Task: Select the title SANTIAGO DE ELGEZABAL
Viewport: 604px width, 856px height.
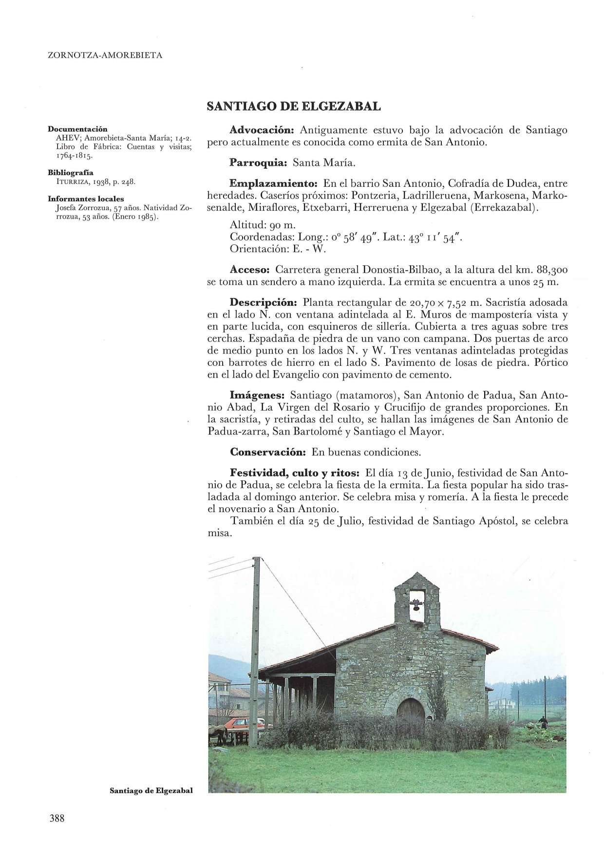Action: [294, 106]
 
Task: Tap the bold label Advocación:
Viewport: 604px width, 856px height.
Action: [262, 131]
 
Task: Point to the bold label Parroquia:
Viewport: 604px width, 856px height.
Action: [259, 162]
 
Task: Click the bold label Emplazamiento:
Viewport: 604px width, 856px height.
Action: [273, 184]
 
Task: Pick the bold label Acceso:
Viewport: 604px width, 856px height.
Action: [250, 270]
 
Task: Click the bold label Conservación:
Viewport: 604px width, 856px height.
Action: [267, 452]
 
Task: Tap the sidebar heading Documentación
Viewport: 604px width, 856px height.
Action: [77, 129]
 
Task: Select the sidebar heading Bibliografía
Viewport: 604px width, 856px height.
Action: [71, 173]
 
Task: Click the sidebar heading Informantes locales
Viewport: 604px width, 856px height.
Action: [86, 199]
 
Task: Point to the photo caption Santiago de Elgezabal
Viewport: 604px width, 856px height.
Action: [151, 791]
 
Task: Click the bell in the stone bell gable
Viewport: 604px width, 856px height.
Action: [416, 606]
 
